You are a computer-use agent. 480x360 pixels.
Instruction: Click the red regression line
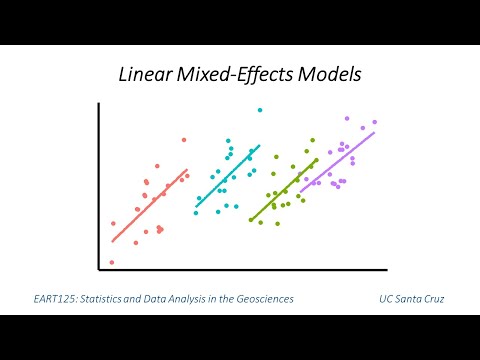pyautogui.click(x=150, y=205)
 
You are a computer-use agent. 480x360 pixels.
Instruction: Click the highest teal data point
pyautogui.click(x=260, y=110)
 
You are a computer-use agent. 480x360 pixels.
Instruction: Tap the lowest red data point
pyautogui.click(x=111, y=262)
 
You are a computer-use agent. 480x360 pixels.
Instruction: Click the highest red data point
pyautogui.click(x=184, y=140)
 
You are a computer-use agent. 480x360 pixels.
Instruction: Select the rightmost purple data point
pyautogui.click(x=375, y=122)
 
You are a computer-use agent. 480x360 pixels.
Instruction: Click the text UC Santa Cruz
pyautogui.click(x=411, y=298)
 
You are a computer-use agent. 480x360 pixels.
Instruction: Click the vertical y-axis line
pyautogui.click(x=98, y=185)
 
